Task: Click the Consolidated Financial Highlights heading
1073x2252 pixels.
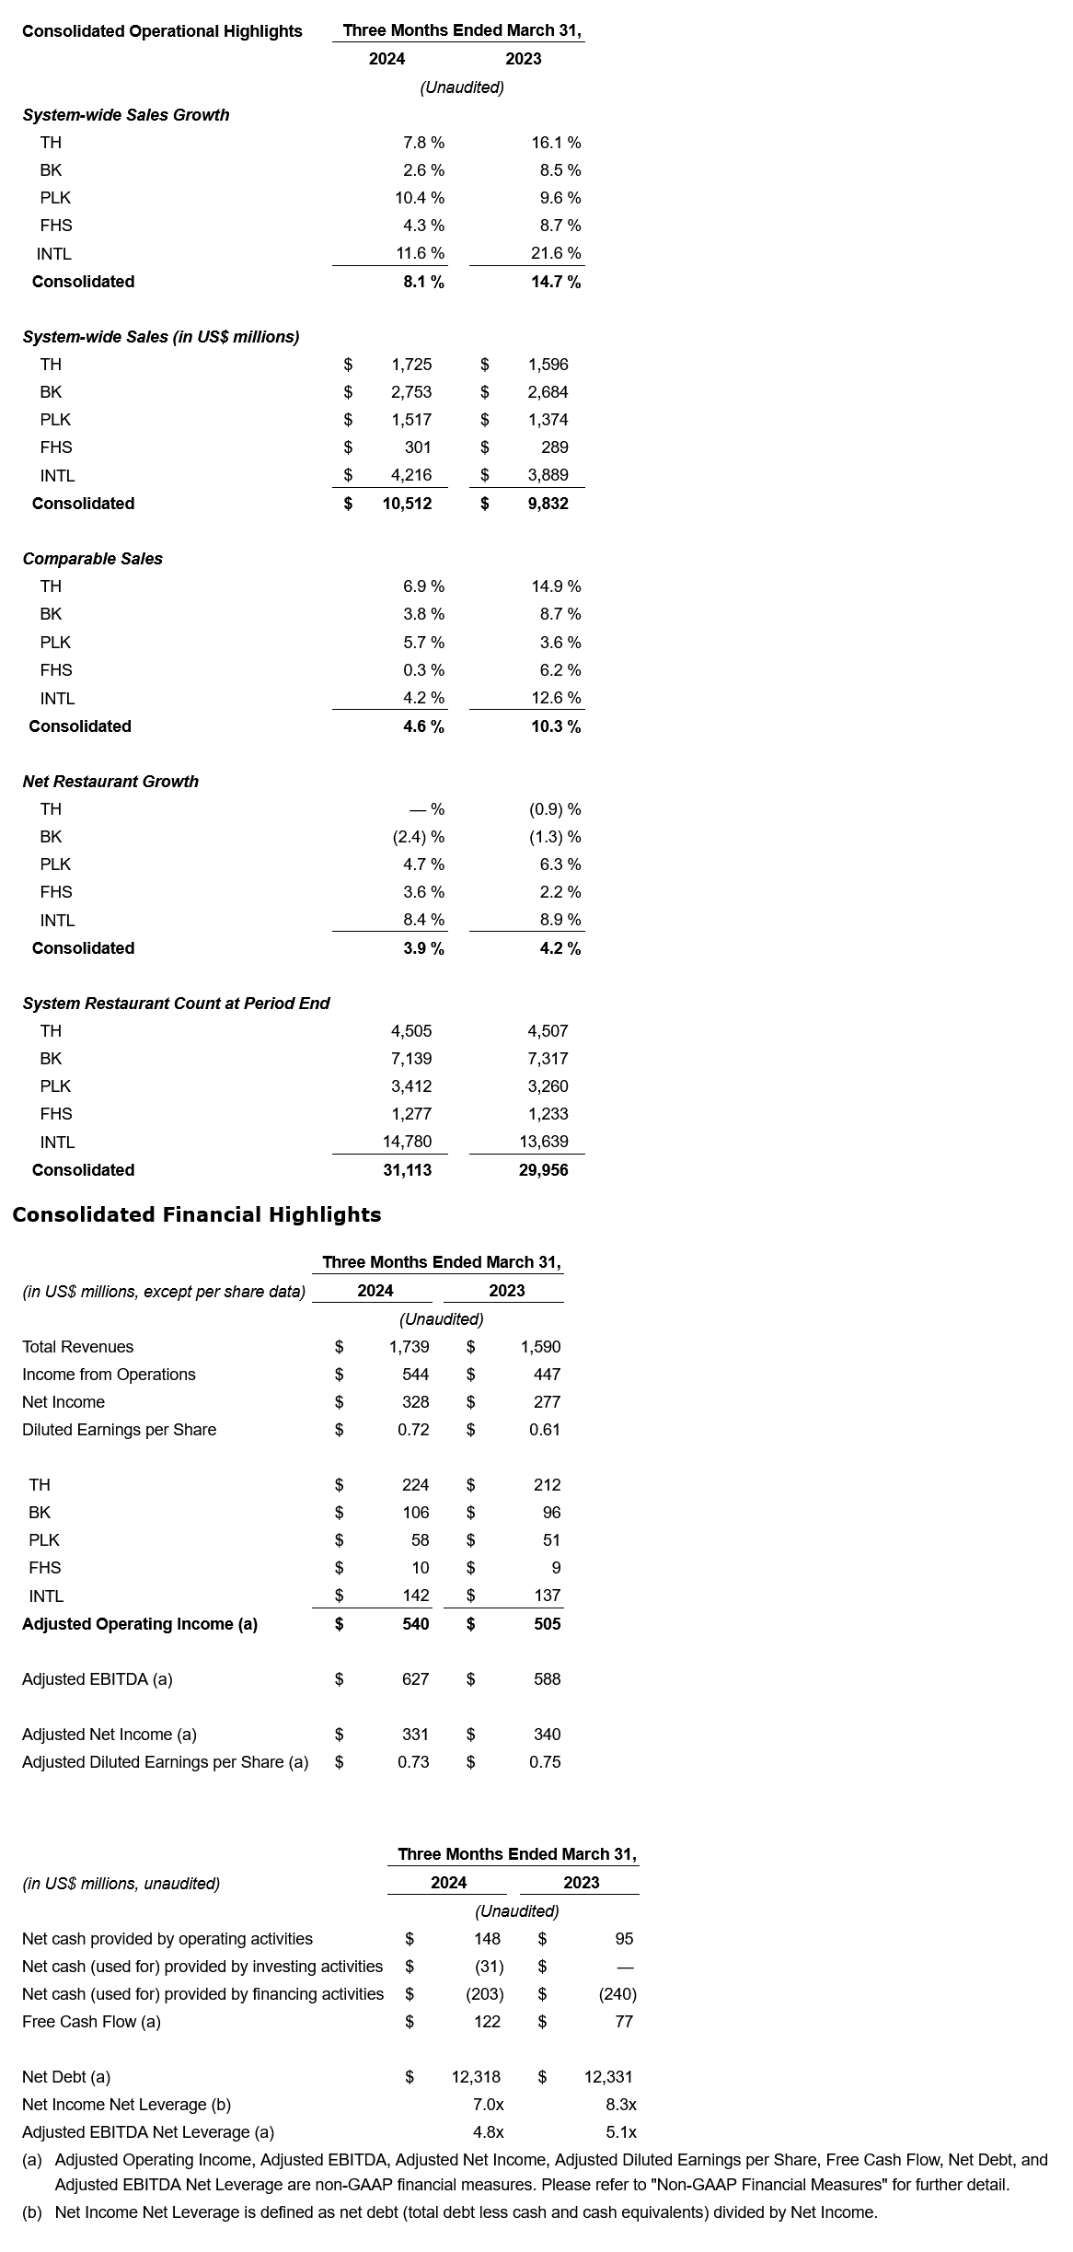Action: [x=196, y=1214]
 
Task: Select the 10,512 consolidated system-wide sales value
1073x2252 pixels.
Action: [x=407, y=504]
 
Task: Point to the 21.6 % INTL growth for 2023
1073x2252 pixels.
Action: [x=556, y=253]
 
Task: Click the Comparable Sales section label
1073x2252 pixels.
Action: [x=92, y=559]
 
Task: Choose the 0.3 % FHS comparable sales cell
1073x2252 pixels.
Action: [x=423, y=670]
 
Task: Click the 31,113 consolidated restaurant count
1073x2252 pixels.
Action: [x=407, y=1170]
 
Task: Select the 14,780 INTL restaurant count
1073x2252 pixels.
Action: [x=407, y=1142]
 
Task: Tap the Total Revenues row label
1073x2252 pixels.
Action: [x=77, y=1347]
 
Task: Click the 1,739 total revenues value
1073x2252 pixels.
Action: [x=409, y=1347]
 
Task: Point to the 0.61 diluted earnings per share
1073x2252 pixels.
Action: [x=545, y=1430]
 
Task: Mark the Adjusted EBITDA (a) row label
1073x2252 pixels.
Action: [x=97, y=1679]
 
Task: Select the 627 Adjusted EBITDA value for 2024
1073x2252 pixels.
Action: [x=415, y=1679]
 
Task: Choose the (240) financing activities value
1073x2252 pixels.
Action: [x=617, y=1994]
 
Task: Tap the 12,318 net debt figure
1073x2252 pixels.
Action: [x=476, y=2077]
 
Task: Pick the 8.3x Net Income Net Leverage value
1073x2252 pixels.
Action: [x=621, y=2105]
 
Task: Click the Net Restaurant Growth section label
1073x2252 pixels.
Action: [x=110, y=782]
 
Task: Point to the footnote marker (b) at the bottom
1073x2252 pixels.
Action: [x=32, y=2212]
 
